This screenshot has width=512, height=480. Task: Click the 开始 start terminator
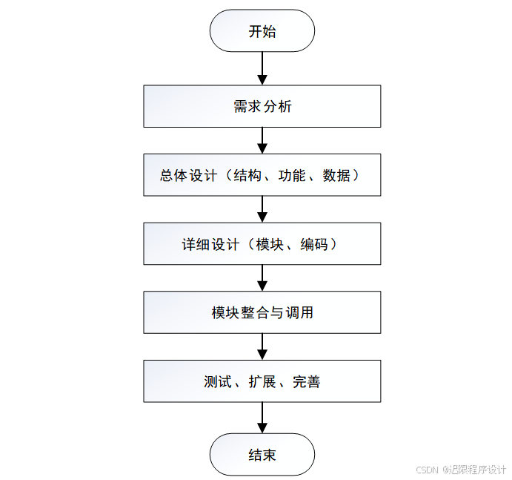coord(262,31)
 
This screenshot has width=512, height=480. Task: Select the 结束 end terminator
coord(262,454)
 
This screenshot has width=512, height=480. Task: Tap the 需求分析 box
coord(262,106)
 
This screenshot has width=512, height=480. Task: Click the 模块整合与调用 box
coord(262,312)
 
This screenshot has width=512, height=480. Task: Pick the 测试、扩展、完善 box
coord(262,382)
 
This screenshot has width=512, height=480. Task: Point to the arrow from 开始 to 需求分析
coord(262,68)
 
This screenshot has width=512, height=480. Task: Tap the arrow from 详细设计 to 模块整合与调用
coord(262,277)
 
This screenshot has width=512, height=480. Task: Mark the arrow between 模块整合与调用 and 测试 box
coord(262,346)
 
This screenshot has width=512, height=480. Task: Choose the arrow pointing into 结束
coord(262,418)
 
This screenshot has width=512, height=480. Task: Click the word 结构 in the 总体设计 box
coord(247,176)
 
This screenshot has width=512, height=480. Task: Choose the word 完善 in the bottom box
coord(306,382)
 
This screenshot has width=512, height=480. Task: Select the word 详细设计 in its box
coord(210,244)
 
